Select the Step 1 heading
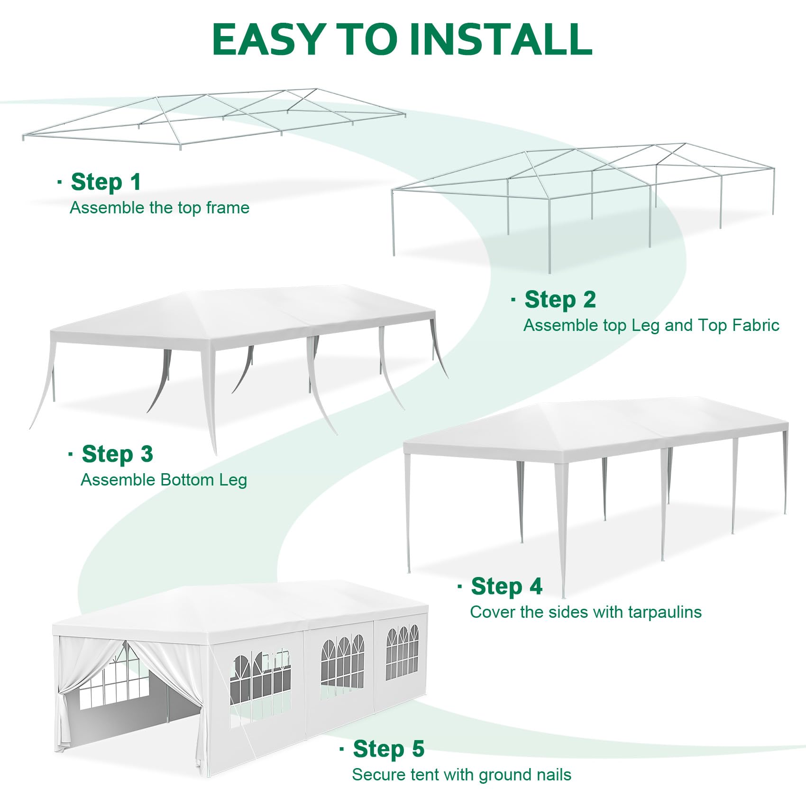click(x=106, y=182)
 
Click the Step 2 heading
click(x=560, y=300)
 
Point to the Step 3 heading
click(x=117, y=454)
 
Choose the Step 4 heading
click(x=506, y=586)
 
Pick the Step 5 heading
click(x=388, y=749)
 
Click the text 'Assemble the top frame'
click(x=159, y=208)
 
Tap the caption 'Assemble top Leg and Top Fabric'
click(x=651, y=325)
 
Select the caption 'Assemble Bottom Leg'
click(x=164, y=480)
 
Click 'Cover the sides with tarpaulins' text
click(x=586, y=612)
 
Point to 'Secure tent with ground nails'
click(x=461, y=775)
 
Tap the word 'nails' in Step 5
click(x=554, y=775)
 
